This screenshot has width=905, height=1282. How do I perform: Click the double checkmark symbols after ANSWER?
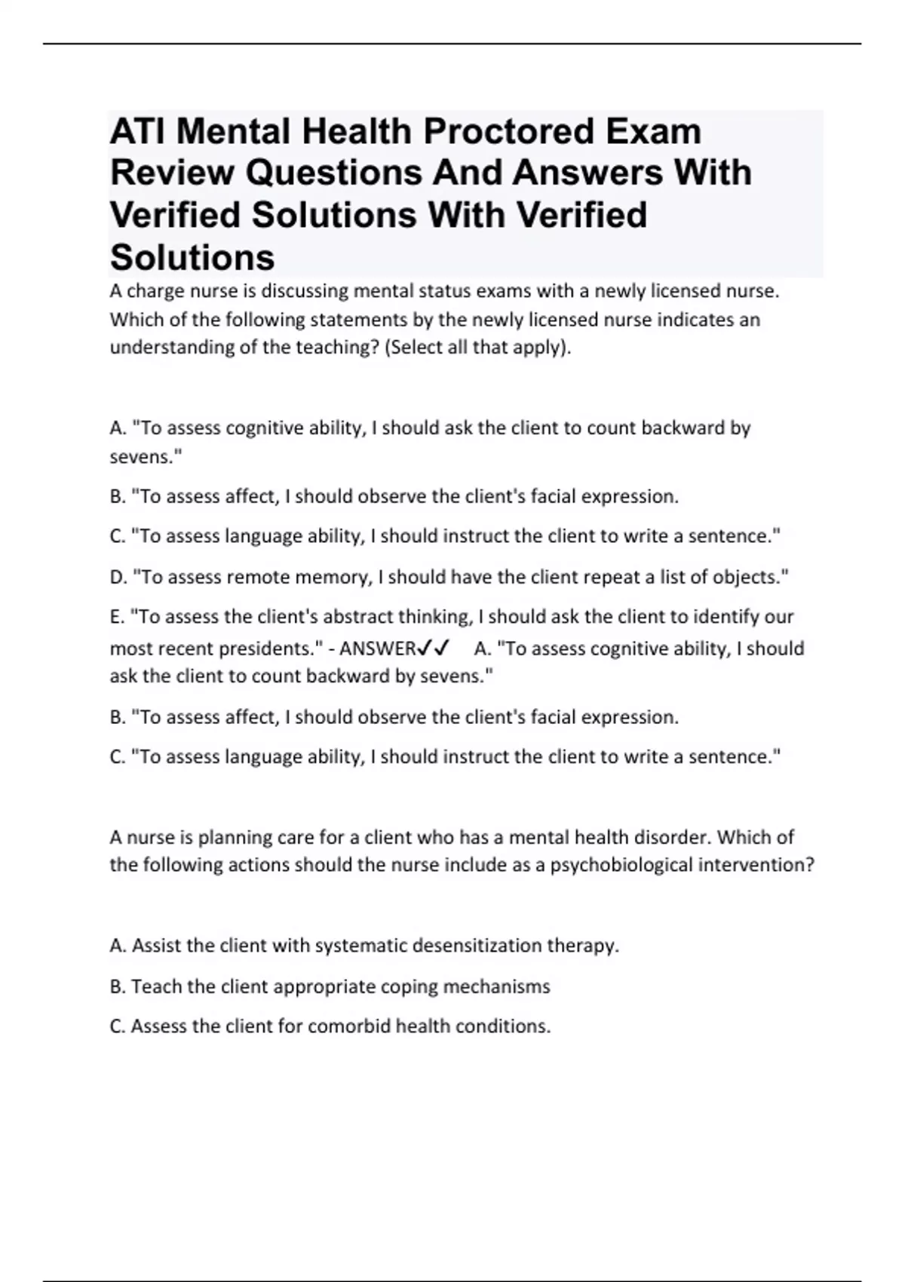tap(434, 648)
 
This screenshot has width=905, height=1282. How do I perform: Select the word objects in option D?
tap(747, 577)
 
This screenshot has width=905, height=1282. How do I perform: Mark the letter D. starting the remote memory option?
tap(118, 577)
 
